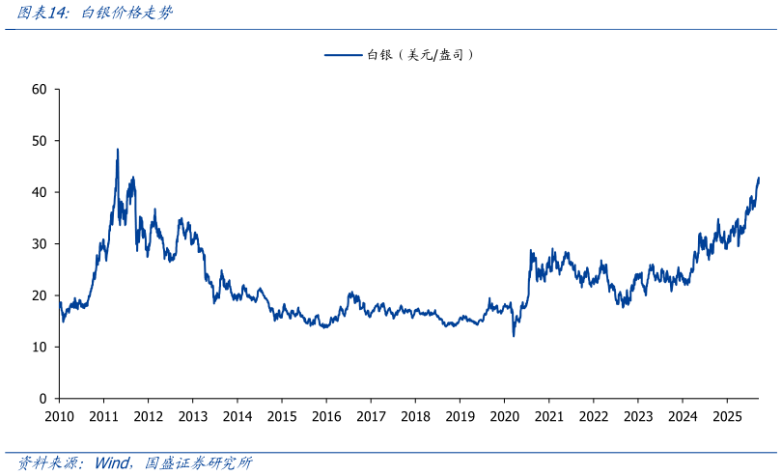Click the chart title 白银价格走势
pos(126,14)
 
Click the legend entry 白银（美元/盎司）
pos(420,55)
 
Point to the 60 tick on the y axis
pos(40,89)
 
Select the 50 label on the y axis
pos(40,141)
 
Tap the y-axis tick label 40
pos(40,192)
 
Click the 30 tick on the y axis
pos(40,244)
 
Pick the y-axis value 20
pos(40,295)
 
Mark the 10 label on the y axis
pos(40,347)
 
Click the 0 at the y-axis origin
pos(43,399)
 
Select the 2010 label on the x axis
pos(59,416)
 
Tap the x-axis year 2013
pos(192,416)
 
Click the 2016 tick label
pos(326,416)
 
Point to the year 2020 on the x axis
pos(504,416)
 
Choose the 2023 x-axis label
pos(637,416)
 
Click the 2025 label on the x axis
pos(726,416)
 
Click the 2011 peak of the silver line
pos(118,150)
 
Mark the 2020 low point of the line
pos(514,335)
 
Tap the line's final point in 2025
pos(759,178)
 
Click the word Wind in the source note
pos(114,463)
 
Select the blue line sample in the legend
pos(343,55)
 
